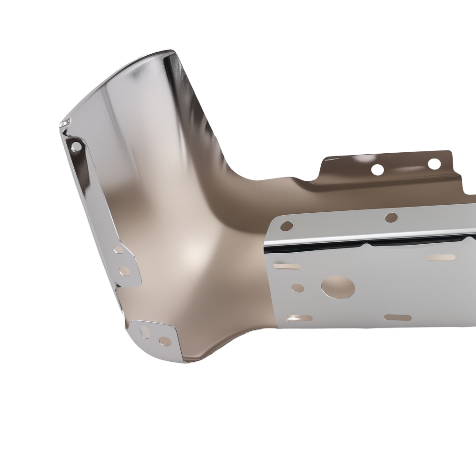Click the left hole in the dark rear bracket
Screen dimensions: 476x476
coord(377,169)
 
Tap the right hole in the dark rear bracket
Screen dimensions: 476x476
coord(434,164)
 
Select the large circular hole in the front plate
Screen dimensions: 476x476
coord(338,287)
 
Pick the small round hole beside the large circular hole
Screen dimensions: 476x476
coord(297,288)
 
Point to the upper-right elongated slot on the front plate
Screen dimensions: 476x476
coord(441,257)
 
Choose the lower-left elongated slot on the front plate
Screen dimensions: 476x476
coord(299,318)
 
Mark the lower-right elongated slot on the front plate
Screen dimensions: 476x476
coord(398,317)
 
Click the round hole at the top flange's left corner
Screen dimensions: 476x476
coord(287,226)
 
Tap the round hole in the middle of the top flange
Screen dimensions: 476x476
coord(391,218)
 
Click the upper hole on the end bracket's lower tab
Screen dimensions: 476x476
coord(118,249)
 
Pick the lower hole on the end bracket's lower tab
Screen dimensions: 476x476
coord(124,271)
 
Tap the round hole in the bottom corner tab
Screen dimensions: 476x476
coord(165,341)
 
